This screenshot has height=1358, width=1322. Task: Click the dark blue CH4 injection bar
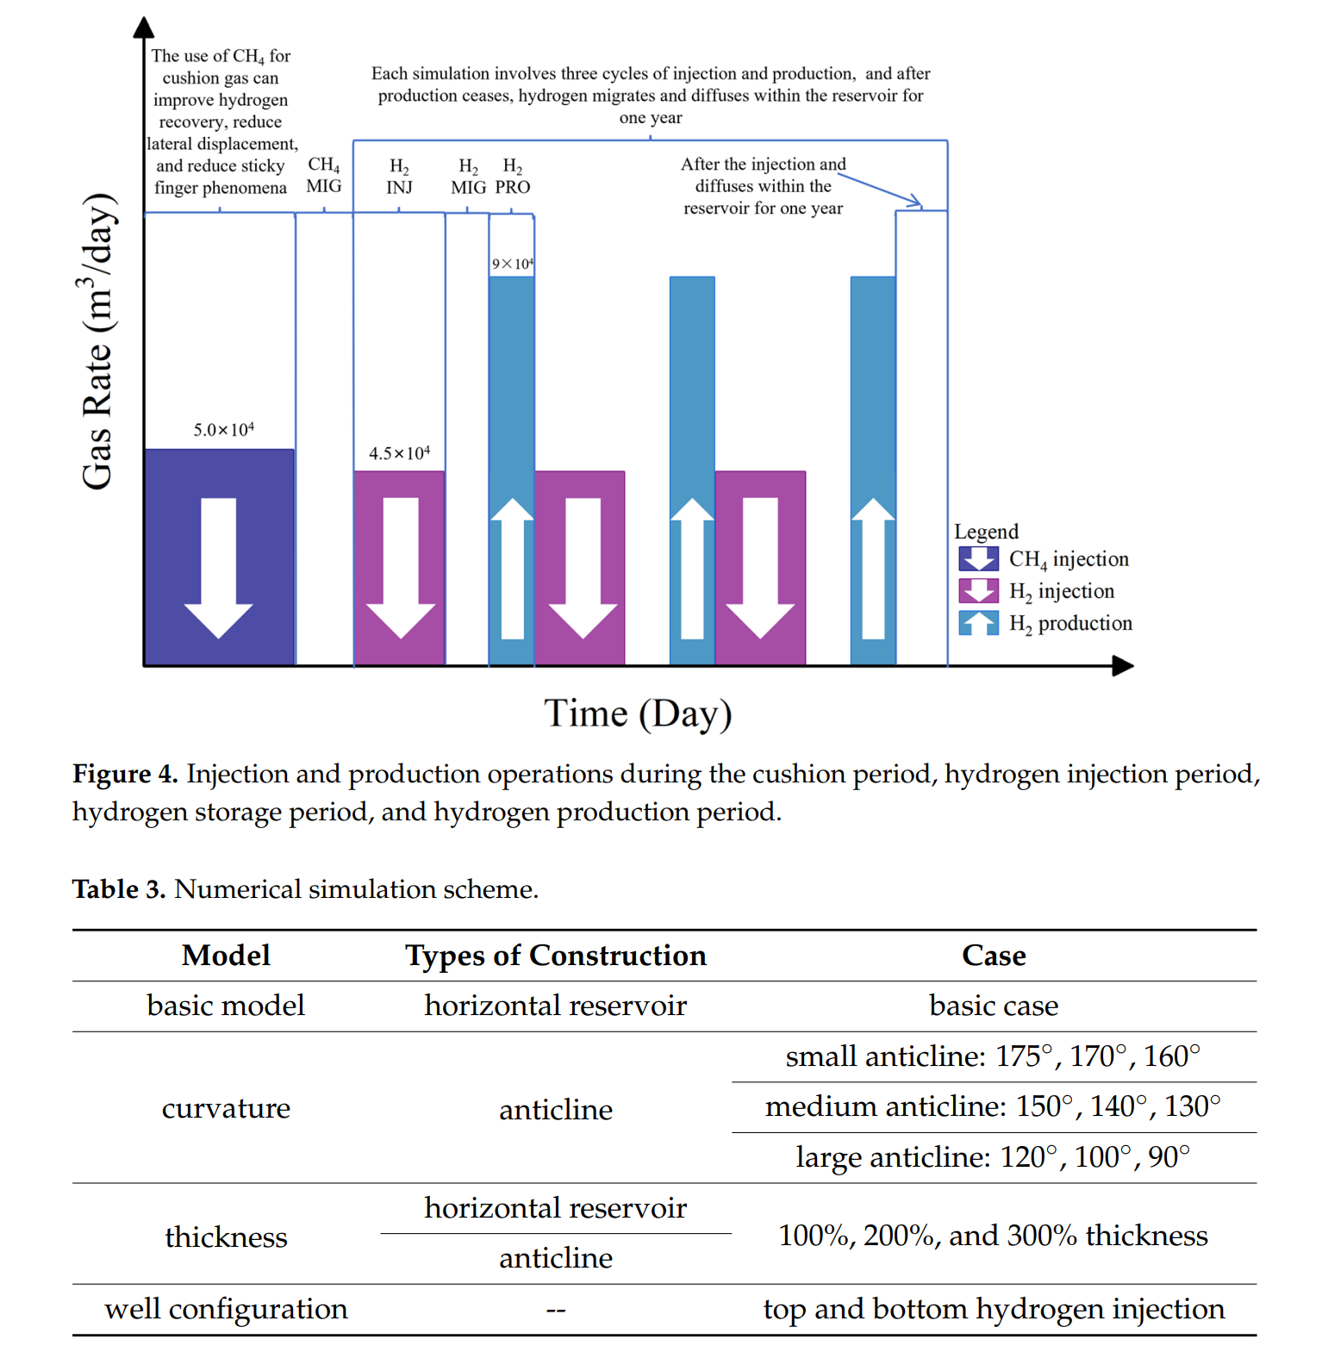pyautogui.click(x=219, y=557)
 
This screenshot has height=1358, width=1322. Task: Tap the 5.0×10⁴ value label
pyautogui.click(x=223, y=429)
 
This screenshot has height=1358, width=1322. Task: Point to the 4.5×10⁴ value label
pyautogui.click(x=399, y=453)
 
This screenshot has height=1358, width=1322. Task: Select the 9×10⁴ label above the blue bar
pyautogui.click(x=512, y=264)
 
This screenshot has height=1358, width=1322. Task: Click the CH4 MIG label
pyautogui.click(x=324, y=175)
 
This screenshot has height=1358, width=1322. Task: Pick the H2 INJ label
pyautogui.click(x=399, y=177)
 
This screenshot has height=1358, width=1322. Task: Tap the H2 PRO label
pyautogui.click(x=513, y=177)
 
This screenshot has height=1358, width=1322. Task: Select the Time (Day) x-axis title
pyautogui.click(x=638, y=713)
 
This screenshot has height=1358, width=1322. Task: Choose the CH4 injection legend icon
pyautogui.click(x=978, y=558)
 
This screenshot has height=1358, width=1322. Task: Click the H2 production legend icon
pyautogui.click(x=978, y=622)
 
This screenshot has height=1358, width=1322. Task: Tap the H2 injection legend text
pyautogui.click(x=1062, y=591)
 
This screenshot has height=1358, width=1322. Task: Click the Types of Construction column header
pyautogui.click(x=556, y=956)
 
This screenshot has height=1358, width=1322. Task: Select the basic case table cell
pyautogui.click(x=994, y=1006)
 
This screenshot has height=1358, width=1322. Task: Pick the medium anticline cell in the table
pyautogui.click(x=993, y=1106)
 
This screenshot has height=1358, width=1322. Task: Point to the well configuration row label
pyautogui.click(x=226, y=1309)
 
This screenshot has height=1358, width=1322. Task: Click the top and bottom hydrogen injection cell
pyautogui.click(x=994, y=1309)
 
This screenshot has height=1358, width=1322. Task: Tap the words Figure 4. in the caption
pyautogui.click(x=125, y=774)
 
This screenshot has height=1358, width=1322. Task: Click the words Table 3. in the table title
pyautogui.click(x=119, y=889)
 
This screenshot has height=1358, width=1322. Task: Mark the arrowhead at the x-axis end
pyautogui.click(x=1123, y=665)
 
